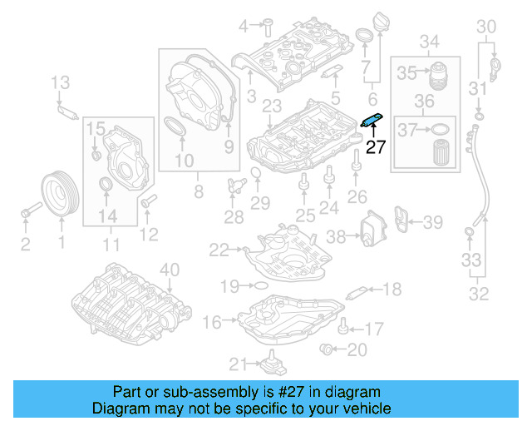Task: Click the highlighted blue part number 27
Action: point(371,121)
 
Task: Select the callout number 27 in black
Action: point(377,147)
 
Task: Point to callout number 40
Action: point(169,269)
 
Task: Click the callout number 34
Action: point(428,41)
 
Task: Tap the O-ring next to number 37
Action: point(441,130)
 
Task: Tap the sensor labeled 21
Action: point(270,364)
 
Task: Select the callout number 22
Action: point(219,249)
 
